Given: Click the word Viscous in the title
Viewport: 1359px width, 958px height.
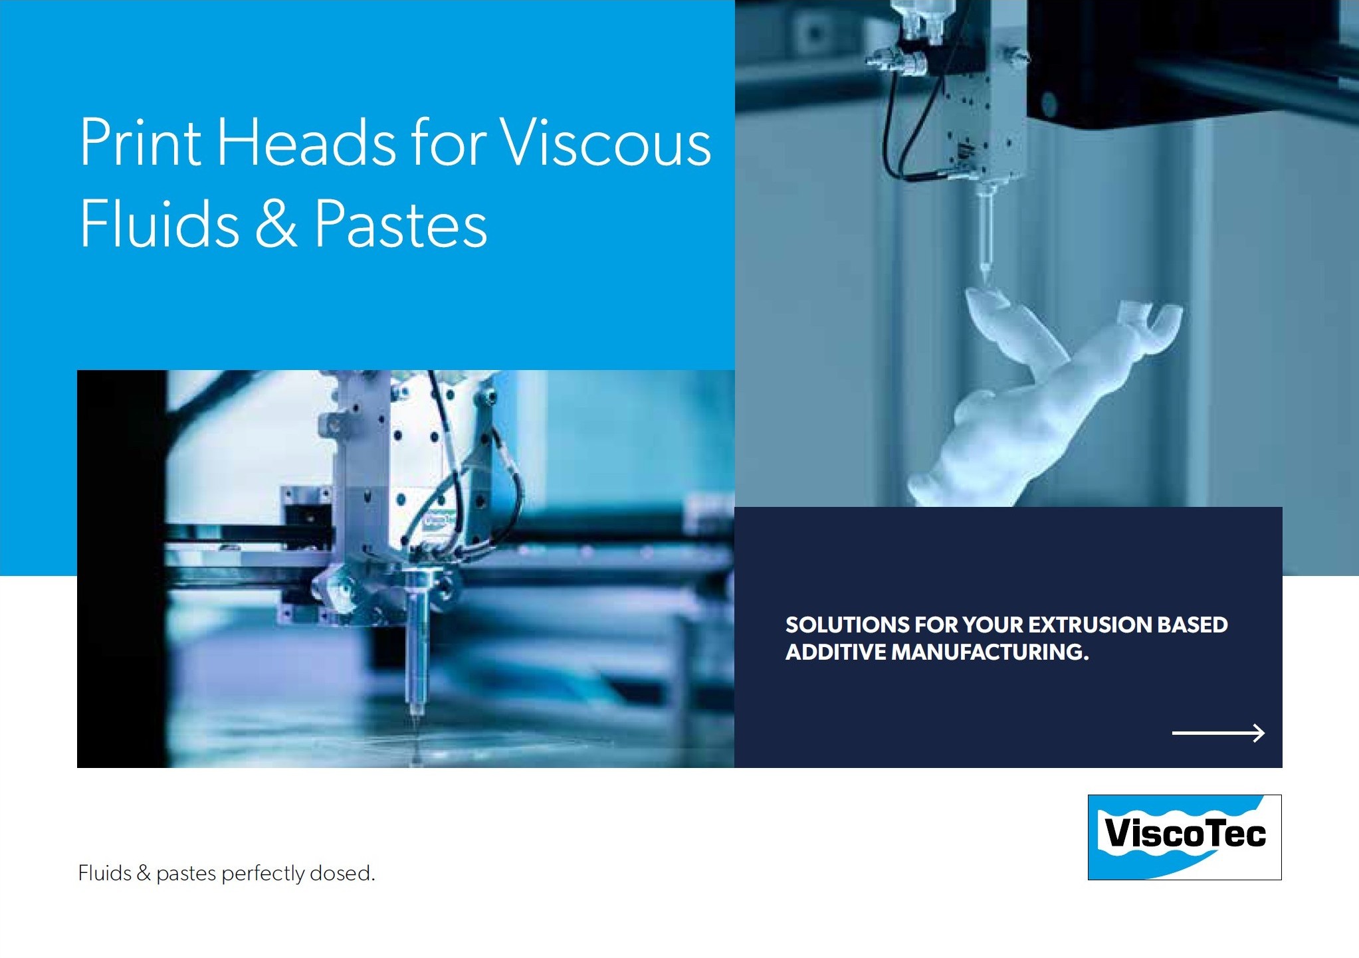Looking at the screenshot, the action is pyautogui.click(x=605, y=143).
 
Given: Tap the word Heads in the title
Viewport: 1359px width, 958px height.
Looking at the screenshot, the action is pyautogui.click(x=306, y=142).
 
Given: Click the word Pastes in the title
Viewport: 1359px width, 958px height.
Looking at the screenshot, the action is pyautogui.click(x=401, y=224).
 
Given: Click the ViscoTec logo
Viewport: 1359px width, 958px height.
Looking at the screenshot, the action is pyautogui.click(x=1184, y=837).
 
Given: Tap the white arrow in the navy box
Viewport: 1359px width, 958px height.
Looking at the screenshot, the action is pyautogui.click(x=1218, y=733).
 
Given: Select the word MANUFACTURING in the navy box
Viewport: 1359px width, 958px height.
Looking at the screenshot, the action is pyautogui.click(x=990, y=652).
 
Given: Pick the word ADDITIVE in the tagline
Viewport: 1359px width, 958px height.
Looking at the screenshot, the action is pyautogui.click(x=835, y=652).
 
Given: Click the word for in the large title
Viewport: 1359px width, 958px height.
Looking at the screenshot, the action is pyautogui.click(x=449, y=142).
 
